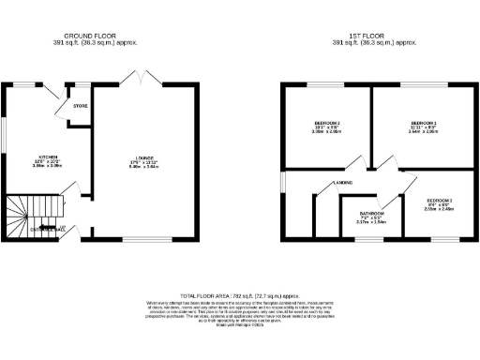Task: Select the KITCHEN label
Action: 49,157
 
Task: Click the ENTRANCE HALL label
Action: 47,228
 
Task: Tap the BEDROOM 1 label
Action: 425,123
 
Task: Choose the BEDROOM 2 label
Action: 326,123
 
